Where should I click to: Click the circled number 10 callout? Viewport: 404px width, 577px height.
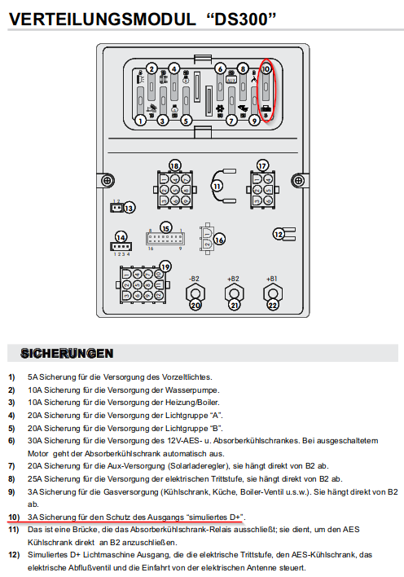pos(266,68)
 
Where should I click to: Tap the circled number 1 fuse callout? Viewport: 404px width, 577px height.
pos(140,120)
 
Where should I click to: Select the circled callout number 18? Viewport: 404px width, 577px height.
pos(175,165)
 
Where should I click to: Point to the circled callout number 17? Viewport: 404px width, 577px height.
pos(262,165)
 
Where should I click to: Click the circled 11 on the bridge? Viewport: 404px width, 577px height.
pos(217,186)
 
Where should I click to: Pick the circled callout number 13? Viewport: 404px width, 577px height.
pos(129,209)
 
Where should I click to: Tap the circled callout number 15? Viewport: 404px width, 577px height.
pos(166,228)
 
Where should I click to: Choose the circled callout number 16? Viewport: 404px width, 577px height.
pos(219,240)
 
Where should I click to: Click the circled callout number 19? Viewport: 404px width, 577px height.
pos(165,266)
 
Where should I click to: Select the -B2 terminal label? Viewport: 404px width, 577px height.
pos(194,279)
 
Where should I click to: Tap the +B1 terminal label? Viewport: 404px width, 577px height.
pos(271,279)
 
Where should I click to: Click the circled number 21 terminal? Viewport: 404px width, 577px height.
pos(235,305)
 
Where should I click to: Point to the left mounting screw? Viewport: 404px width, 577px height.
pos(108,181)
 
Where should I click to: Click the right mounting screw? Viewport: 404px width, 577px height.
pos(298,181)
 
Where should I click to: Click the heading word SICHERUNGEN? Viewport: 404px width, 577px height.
pos(67,353)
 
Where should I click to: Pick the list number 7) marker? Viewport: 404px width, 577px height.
pos(11,466)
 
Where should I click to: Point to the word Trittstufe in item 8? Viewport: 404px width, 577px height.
pos(228,478)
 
